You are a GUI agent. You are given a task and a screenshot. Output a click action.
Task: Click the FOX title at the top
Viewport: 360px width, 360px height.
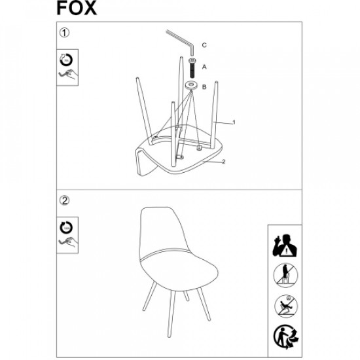[x=77, y=8]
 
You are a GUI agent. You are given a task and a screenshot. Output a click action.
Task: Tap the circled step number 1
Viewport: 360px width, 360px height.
[x=64, y=33]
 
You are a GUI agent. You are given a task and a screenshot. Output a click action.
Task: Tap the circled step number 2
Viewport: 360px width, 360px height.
[x=64, y=200]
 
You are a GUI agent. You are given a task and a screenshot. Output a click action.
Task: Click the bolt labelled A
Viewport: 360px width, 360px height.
[x=192, y=68]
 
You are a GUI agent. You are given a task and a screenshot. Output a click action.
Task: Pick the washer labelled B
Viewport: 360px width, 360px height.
[x=192, y=86]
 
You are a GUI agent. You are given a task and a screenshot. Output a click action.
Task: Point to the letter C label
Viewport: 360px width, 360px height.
[x=204, y=45]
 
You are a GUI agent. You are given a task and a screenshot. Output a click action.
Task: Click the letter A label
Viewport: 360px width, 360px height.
[x=204, y=67]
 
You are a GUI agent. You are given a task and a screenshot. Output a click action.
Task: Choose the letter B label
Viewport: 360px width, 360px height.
[x=204, y=87]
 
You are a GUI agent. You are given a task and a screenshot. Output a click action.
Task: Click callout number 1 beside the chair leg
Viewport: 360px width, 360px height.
[x=234, y=122]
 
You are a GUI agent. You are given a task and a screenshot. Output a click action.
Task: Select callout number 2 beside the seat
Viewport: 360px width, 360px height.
[x=224, y=162]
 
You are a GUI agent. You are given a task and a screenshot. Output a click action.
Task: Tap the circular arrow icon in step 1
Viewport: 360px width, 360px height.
[x=66, y=60]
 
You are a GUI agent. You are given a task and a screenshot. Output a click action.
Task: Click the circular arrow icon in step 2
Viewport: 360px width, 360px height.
[x=66, y=228]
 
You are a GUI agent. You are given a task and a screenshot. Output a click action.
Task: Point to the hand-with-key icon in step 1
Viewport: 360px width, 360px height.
[x=67, y=74]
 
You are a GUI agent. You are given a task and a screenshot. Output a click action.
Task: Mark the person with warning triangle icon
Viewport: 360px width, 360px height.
[x=285, y=245]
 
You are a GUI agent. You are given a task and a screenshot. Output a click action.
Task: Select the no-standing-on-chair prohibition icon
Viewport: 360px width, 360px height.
[x=285, y=276]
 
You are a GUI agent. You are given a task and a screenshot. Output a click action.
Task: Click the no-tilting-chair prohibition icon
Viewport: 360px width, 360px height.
[x=285, y=306]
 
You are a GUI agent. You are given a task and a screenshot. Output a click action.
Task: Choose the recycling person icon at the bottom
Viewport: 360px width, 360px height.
[x=285, y=336]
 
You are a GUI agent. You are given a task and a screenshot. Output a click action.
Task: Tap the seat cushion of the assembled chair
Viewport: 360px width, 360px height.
[x=179, y=270]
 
